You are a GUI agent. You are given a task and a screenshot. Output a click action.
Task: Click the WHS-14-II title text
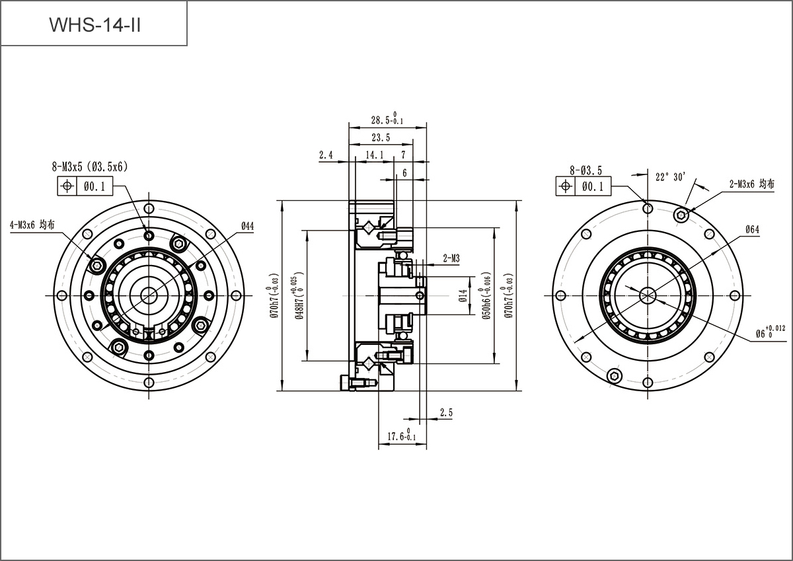pyautogui.click(x=95, y=25)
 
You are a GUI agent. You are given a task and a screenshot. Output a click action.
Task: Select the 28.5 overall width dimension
pyautogui.click(x=387, y=119)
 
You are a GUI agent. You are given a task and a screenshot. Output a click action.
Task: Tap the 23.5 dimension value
pyautogui.click(x=381, y=137)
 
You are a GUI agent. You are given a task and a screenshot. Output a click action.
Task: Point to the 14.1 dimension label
pyautogui.click(x=375, y=155)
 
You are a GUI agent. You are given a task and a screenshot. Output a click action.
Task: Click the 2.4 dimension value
pyautogui.click(x=326, y=155)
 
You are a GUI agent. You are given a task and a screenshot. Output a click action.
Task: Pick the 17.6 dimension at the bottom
pyautogui.click(x=402, y=435)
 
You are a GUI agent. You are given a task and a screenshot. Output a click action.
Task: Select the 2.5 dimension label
pyautogui.click(x=447, y=412)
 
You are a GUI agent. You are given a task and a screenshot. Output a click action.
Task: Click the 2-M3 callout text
pyautogui.click(x=451, y=258)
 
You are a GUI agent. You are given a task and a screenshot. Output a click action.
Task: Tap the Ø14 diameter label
pyautogui.click(x=463, y=295)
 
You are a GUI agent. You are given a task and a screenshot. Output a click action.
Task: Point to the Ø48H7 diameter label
pyautogui.click(x=299, y=295)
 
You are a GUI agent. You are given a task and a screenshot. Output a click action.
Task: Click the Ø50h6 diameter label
pyautogui.click(x=486, y=295)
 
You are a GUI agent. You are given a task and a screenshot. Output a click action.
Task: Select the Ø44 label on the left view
pyautogui.click(x=248, y=226)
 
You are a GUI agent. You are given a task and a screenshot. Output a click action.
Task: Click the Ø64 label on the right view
pyautogui.click(x=752, y=229)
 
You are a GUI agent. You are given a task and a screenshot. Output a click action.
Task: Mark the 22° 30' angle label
pyautogui.click(x=671, y=176)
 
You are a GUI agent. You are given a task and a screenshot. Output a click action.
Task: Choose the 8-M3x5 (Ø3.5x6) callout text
pyautogui.click(x=90, y=167)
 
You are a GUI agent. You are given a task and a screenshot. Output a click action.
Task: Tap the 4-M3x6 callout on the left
pyautogui.click(x=32, y=225)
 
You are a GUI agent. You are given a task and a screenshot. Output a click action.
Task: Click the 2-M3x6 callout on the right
pyautogui.click(x=751, y=184)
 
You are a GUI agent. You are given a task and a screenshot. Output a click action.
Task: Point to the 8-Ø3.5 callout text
pyautogui.click(x=586, y=170)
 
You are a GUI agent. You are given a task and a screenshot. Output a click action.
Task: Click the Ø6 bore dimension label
pyautogui.click(x=771, y=332)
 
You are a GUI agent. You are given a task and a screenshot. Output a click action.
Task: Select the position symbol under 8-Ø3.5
pyautogui.click(x=566, y=186)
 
